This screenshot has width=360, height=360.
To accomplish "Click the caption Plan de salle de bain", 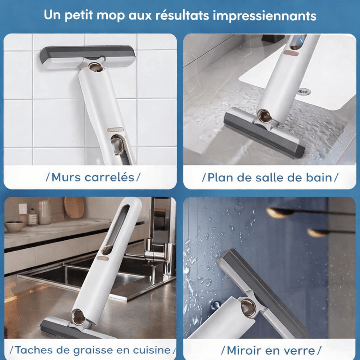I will pyautogui.click(x=270, y=177).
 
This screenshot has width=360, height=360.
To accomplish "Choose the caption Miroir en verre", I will pyautogui.click(x=270, y=350).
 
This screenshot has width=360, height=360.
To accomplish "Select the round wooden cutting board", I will pyautogui.click(x=74, y=208).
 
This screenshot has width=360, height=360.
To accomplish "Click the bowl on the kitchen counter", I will pyautogui.click(x=14, y=226).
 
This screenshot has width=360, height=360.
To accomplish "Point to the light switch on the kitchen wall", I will pyautogui.click(x=23, y=209).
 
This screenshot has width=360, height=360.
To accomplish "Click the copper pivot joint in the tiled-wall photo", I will pyautogui.click(x=96, y=67).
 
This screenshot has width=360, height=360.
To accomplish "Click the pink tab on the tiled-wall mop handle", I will pyautogui.click(x=115, y=129).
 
